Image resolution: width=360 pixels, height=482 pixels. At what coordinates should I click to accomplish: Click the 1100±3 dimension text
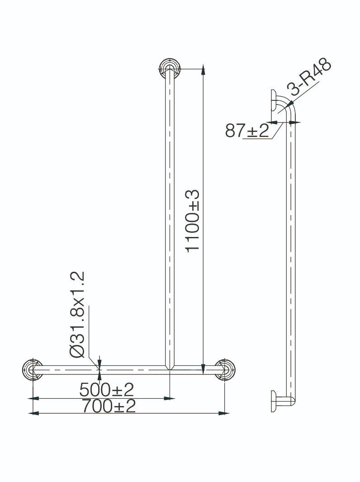[x=193, y=221]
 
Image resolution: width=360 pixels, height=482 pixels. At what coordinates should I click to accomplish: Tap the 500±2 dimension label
[x=107, y=390]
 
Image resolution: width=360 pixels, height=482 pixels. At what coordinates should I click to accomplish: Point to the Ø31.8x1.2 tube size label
[x=77, y=314]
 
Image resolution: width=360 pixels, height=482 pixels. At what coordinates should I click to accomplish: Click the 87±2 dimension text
[x=247, y=131]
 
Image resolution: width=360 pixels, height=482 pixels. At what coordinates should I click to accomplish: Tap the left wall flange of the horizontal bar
[x=33, y=369]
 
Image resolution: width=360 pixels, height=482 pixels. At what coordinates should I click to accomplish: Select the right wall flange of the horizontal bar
[x=225, y=369]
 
